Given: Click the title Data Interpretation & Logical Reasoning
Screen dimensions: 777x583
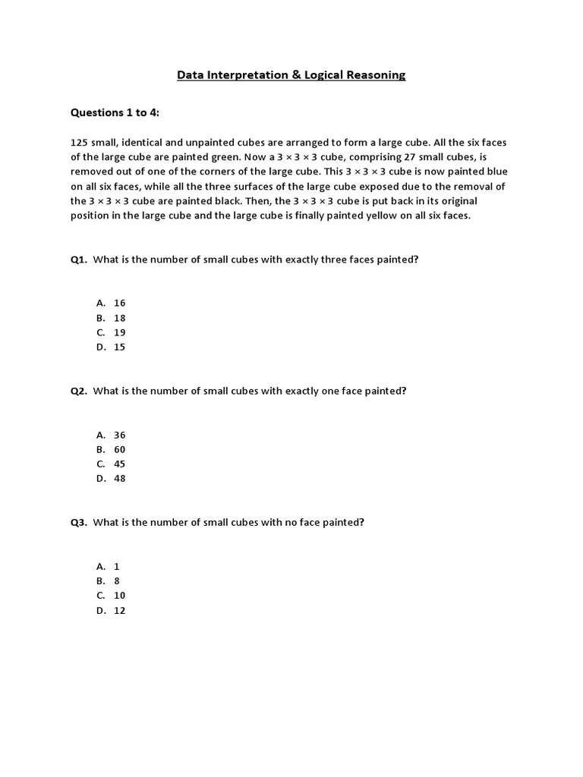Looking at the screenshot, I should point(291,74).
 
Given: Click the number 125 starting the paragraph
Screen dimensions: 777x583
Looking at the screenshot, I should point(79,143).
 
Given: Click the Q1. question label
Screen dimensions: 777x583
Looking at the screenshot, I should point(79,260).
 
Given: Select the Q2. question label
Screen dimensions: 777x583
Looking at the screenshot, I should point(79,391).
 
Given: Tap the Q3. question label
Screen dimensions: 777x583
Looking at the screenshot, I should point(79,522).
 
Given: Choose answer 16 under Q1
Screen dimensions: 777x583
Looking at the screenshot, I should point(120,303).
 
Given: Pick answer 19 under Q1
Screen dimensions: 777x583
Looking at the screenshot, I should point(120,332).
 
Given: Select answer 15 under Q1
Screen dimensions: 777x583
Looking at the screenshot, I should point(120,347).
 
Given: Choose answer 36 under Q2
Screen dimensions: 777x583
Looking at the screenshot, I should point(120,435).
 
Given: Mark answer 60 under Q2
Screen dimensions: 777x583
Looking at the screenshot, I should point(120,449).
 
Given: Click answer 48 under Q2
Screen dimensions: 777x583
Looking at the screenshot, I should point(120,478).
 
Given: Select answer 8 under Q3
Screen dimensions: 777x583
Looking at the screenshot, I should point(117,581).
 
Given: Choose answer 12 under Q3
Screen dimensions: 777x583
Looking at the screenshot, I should point(120,610).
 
